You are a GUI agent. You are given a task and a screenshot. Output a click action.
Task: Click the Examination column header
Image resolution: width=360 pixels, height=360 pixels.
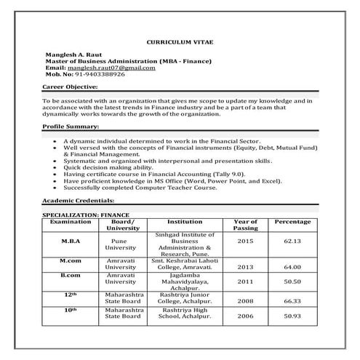pos(71,222)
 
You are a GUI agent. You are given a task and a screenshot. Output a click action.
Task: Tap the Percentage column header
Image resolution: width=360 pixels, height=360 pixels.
pos(292,222)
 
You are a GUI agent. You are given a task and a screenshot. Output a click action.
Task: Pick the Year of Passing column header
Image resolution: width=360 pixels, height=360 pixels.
pos(245,225)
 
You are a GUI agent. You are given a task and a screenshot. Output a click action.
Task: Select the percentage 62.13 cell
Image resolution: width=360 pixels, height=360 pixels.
pos(292,241)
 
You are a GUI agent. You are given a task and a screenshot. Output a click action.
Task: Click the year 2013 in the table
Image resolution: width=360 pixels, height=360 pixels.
pos(245,266)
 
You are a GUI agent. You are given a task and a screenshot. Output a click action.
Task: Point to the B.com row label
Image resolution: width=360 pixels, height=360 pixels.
pos(71,277)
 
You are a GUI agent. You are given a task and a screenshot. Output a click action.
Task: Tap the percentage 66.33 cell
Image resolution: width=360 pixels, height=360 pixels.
pos(292,300)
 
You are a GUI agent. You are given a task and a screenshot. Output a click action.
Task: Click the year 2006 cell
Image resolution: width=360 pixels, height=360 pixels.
pos(245,317)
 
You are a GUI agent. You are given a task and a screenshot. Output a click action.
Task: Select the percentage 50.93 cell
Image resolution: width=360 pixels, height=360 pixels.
pos(292,317)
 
